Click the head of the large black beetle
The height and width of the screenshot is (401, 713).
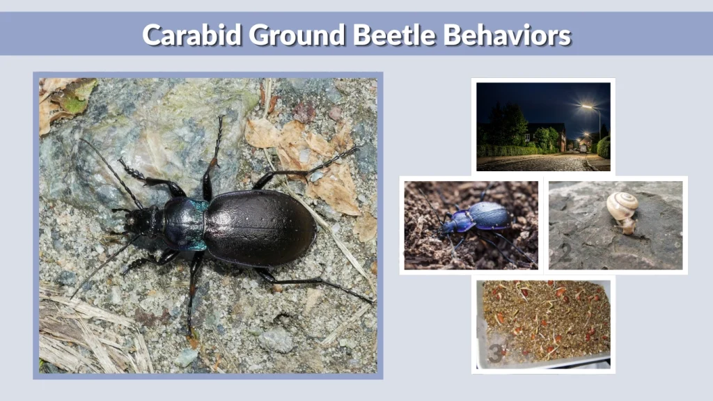(148, 221)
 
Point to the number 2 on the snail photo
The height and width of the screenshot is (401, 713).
(565, 255)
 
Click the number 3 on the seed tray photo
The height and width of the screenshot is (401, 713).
(494, 352)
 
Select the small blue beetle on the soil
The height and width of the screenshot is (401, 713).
(480, 218)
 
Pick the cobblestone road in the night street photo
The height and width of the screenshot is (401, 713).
(536, 164)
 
